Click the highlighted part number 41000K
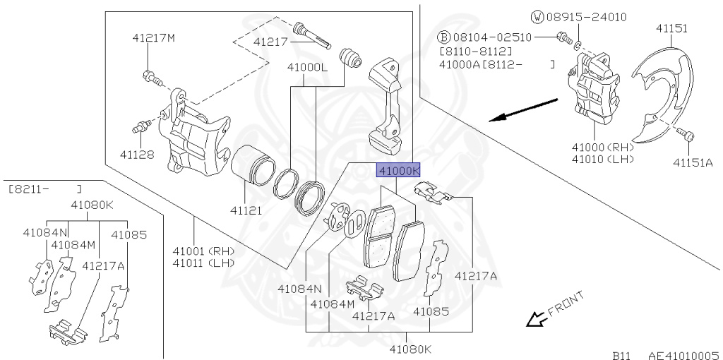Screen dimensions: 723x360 click(x=399, y=171)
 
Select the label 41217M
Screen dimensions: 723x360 click(x=153, y=38)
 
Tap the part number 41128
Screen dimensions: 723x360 click(x=137, y=155)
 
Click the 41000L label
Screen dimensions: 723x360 click(x=307, y=68)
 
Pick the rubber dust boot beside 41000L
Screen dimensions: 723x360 click(x=350, y=59)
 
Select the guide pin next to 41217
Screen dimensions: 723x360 click(x=313, y=35)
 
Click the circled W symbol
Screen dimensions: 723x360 click(x=537, y=18)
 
